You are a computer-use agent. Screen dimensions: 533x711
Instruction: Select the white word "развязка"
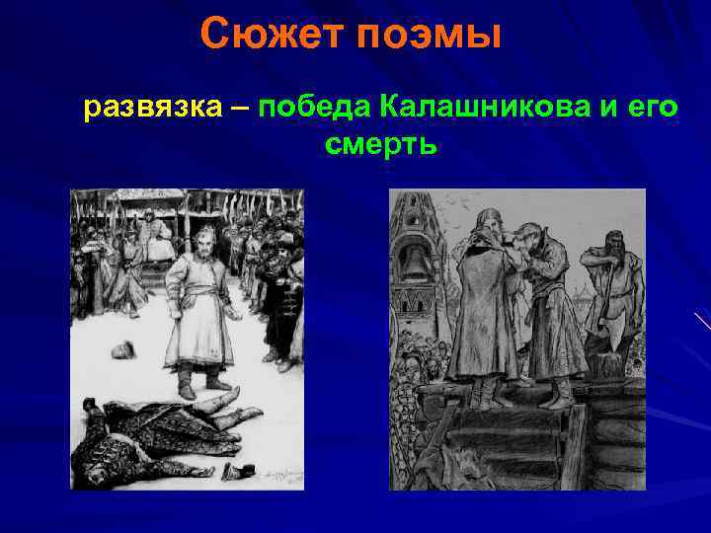point(153,108)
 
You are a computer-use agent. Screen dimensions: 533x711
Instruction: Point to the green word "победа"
point(313,108)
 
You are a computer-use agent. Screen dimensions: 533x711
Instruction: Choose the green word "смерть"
point(379,146)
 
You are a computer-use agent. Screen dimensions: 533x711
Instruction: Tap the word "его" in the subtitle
point(654,108)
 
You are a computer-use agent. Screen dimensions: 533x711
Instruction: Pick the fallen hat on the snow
point(123,349)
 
